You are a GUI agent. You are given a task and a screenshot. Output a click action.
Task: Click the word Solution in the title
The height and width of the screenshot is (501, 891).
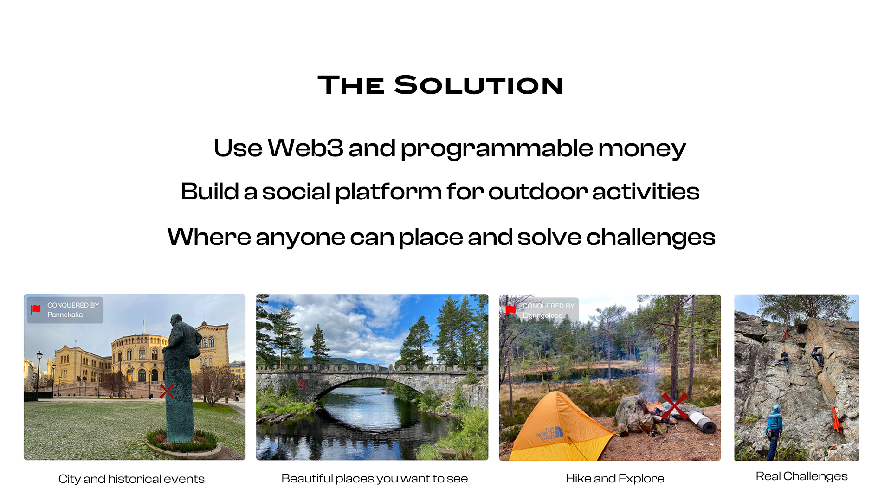(478, 85)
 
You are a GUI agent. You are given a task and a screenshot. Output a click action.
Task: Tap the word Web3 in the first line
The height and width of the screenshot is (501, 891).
(305, 148)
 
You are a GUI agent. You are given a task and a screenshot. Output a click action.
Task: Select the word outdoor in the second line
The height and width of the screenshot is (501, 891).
(538, 192)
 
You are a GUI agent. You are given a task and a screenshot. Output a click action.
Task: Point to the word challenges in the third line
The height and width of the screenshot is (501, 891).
(651, 237)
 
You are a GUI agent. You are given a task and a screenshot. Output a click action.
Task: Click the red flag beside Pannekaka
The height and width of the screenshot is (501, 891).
(36, 309)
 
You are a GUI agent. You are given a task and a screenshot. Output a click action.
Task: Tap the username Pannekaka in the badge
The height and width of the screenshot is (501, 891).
(65, 315)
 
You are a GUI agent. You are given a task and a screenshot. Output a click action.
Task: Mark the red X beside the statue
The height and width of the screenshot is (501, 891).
(167, 391)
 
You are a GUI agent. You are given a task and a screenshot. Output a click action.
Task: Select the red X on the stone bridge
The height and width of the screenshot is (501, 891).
(302, 384)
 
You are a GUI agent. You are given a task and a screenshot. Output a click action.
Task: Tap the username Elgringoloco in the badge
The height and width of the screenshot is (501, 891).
(542, 315)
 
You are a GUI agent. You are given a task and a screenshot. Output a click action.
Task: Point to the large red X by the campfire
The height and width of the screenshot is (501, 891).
(674, 406)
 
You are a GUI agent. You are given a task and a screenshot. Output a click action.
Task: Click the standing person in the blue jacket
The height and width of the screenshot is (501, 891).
(774, 432)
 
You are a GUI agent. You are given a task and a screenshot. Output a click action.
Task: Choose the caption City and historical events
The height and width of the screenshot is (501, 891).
(131, 479)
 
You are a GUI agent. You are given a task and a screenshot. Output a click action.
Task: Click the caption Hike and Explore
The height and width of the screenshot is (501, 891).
(615, 478)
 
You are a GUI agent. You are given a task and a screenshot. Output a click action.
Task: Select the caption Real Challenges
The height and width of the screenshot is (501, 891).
(801, 476)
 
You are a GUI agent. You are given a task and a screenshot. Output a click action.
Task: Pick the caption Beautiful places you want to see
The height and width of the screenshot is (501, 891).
(374, 478)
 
